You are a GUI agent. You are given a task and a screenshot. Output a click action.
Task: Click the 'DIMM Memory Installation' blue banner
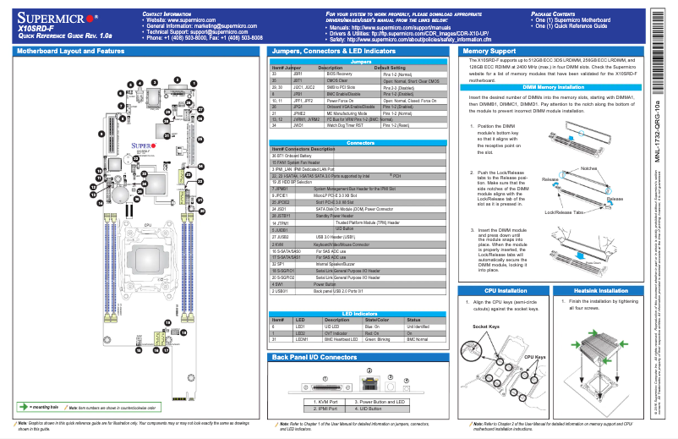(553, 87)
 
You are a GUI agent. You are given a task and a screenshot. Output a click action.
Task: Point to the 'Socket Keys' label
(486, 326)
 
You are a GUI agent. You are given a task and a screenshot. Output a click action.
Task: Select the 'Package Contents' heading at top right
(554, 14)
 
